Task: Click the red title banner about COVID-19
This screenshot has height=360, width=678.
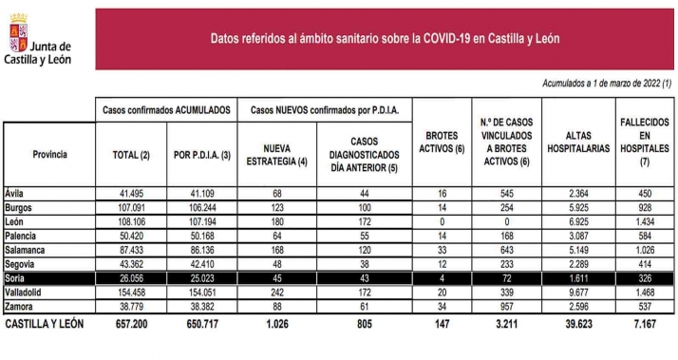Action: tap(385, 39)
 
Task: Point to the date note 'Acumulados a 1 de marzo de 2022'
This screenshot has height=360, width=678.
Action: tap(607, 85)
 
